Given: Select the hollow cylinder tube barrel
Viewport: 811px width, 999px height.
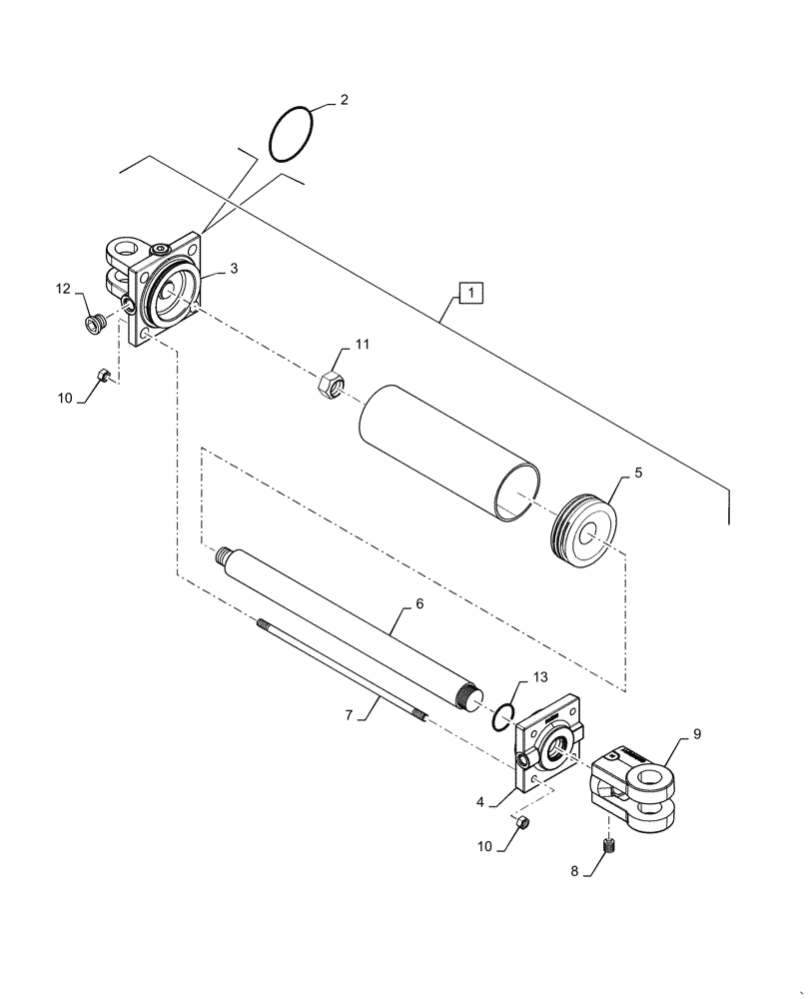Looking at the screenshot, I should point(449,453).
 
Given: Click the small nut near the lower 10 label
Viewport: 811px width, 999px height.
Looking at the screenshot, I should point(521,822).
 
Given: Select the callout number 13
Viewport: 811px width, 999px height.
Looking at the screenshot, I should point(539,677).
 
